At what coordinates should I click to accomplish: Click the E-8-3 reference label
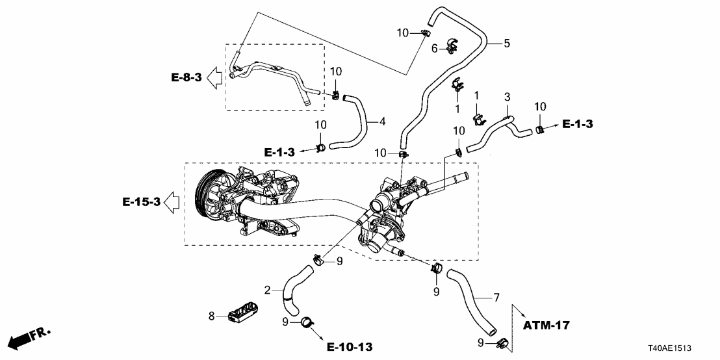pyautogui.click(x=186, y=78)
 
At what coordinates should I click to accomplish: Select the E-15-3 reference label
pyautogui.click(x=141, y=202)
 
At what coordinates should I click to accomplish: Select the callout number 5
pyautogui.click(x=506, y=44)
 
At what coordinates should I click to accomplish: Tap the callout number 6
pyautogui.click(x=434, y=48)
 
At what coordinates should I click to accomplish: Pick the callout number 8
pyautogui.click(x=211, y=316)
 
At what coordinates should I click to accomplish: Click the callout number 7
pyautogui.click(x=496, y=298)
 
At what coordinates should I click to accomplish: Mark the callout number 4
pyautogui.click(x=383, y=121)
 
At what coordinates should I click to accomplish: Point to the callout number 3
pyautogui.click(x=507, y=97)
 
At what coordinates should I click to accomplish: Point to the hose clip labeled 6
pyautogui.click(x=451, y=45)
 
